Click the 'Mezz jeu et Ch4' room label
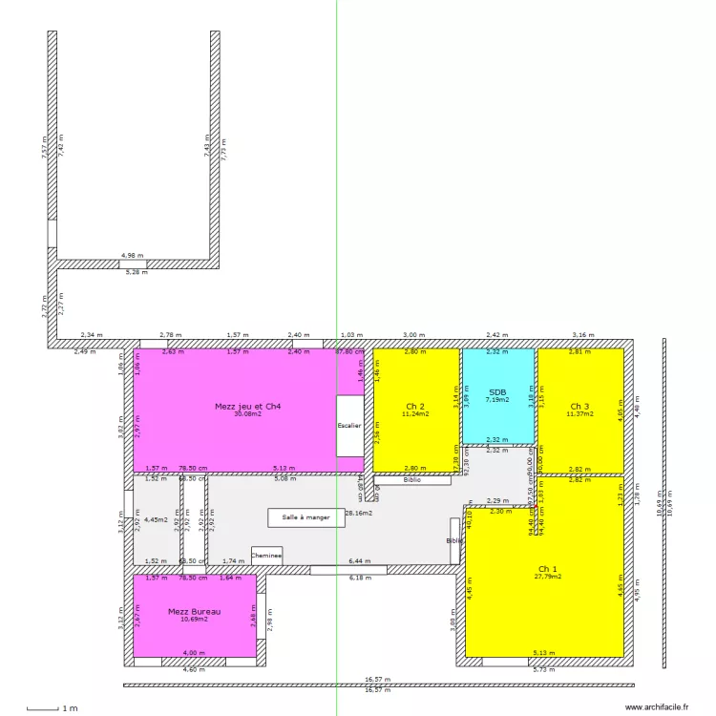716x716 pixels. click(247, 406)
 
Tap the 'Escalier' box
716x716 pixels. click(349, 426)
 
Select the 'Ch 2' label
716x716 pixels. click(415, 406)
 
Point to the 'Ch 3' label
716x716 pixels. click(579, 406)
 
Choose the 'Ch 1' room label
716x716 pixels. click(547, 568)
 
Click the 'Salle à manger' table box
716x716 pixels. click(305, 517)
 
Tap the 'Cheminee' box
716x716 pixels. click(267, 555)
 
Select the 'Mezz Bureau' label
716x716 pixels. click(194, 611)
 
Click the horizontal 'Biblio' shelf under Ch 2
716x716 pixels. click(411, 480)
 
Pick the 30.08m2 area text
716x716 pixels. click(247, 414)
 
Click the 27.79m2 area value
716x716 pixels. click(547, 577)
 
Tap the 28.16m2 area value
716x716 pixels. click(358, 513)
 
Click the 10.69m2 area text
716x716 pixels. click(194, 620)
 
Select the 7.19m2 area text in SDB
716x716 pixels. click(497, 400)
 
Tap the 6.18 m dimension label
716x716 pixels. click(360, 578)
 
